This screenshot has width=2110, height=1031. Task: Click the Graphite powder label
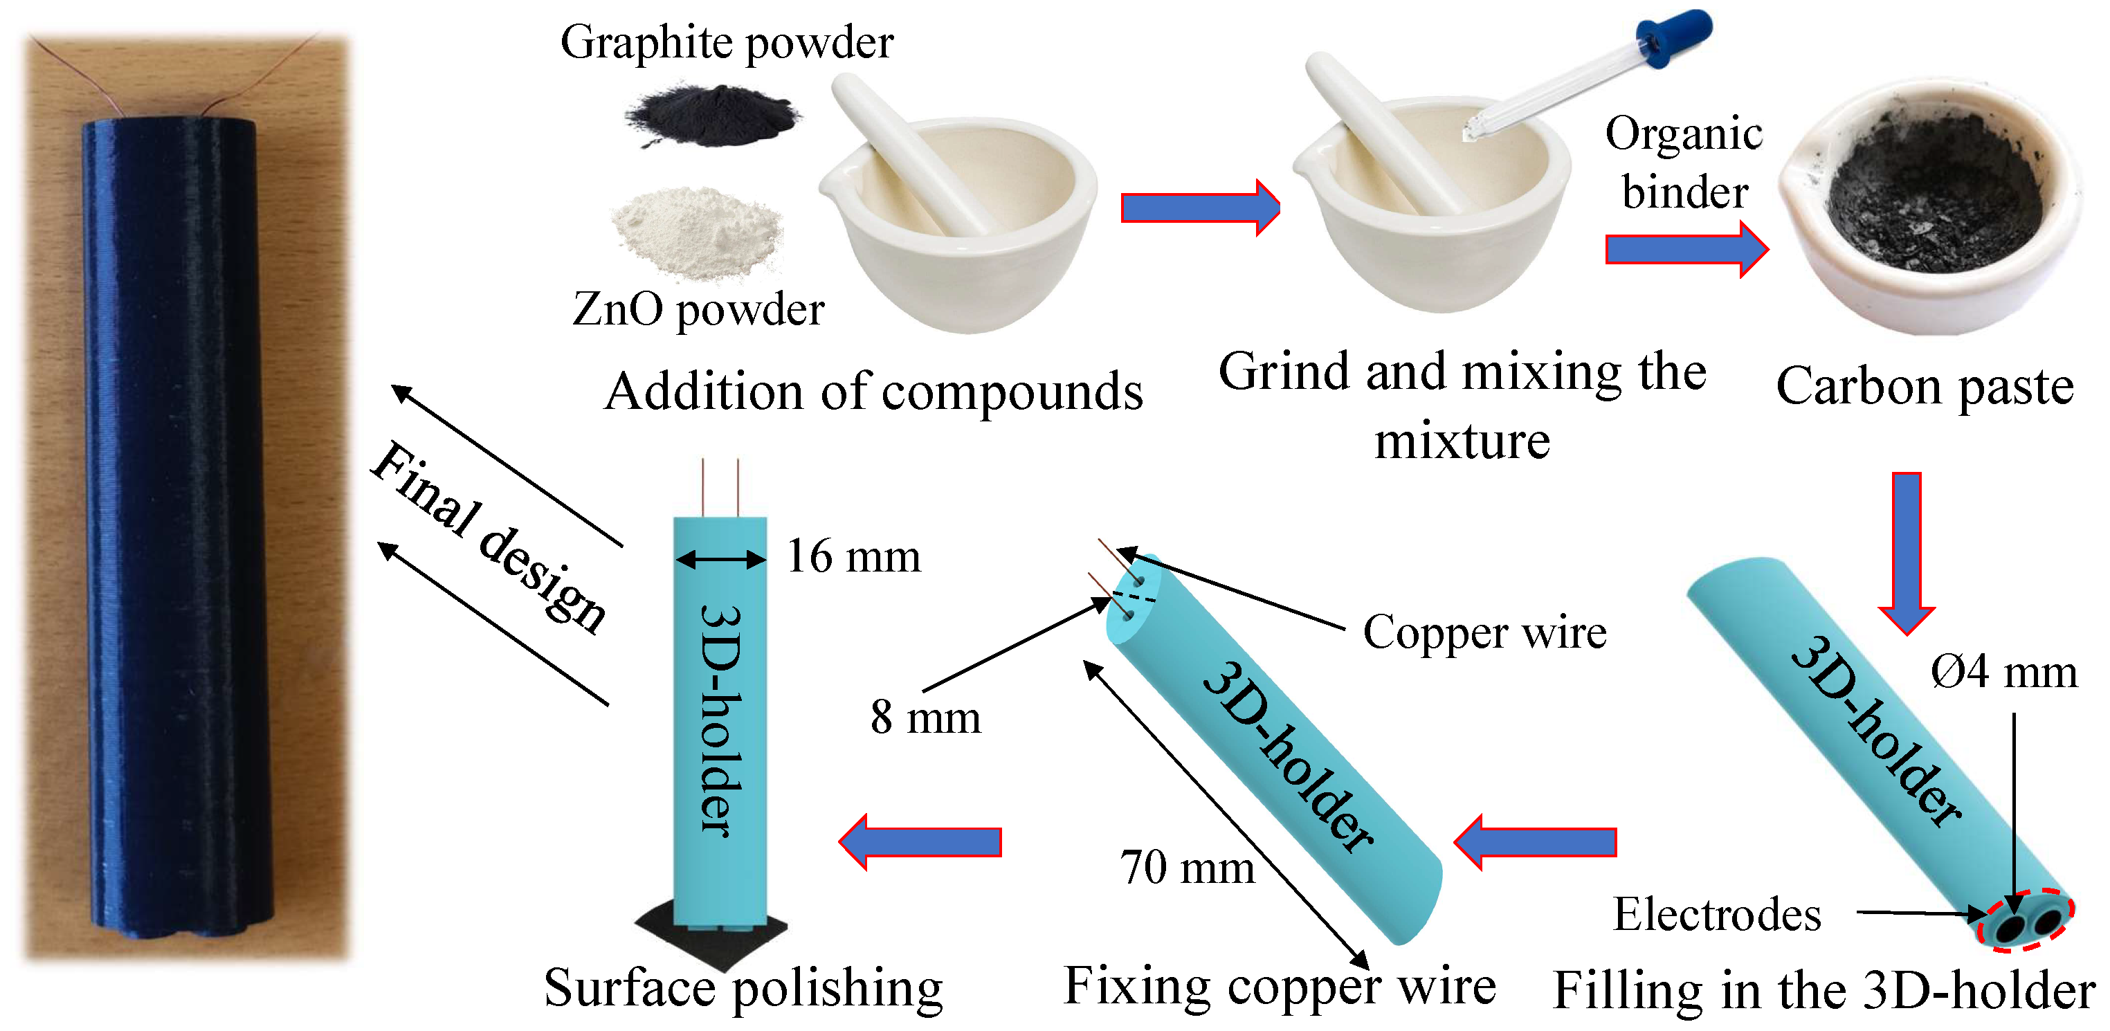point(727,43)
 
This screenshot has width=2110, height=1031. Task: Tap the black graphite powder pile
point(711,116)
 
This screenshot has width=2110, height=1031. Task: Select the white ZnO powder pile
point(698,231)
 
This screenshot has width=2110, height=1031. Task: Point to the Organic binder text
point(1684,162)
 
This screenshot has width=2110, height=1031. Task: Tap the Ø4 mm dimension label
point(2003,673)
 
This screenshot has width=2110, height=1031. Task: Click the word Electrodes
point(1717,914)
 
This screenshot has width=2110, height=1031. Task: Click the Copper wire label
point(1484,632)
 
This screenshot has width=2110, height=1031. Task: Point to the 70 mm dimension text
point(1187,867)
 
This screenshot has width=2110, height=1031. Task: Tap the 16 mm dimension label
point(853,557)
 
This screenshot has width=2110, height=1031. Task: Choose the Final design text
point(490,537)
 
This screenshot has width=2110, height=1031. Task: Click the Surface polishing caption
point(743,987)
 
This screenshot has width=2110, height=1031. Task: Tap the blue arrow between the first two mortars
point(1199,208)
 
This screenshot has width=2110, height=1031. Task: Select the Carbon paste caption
point(1925,387)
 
